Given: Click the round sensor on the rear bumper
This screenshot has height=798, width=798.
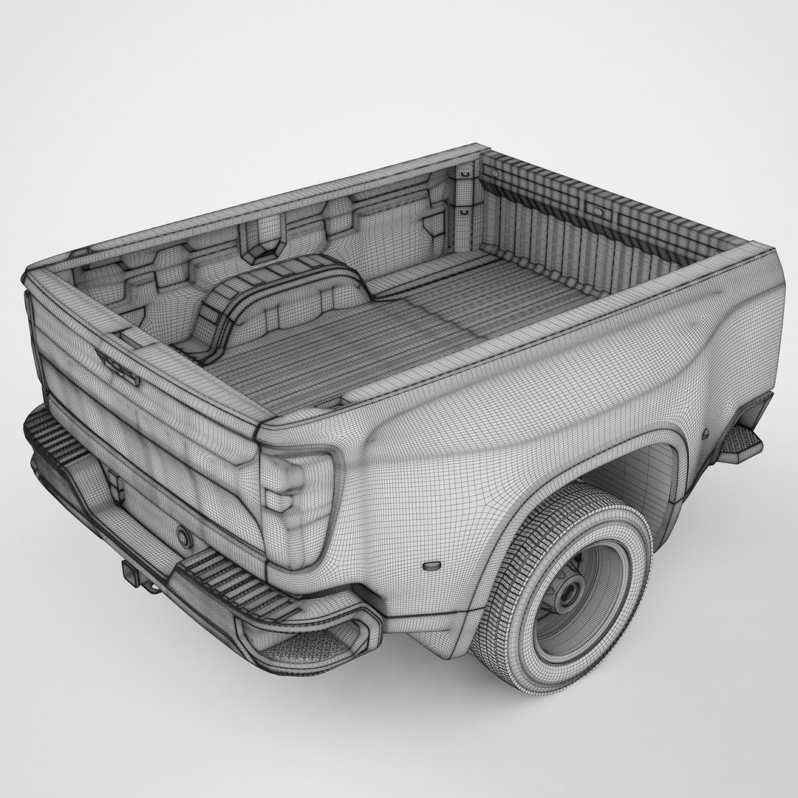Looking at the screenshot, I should tap(183, 537).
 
